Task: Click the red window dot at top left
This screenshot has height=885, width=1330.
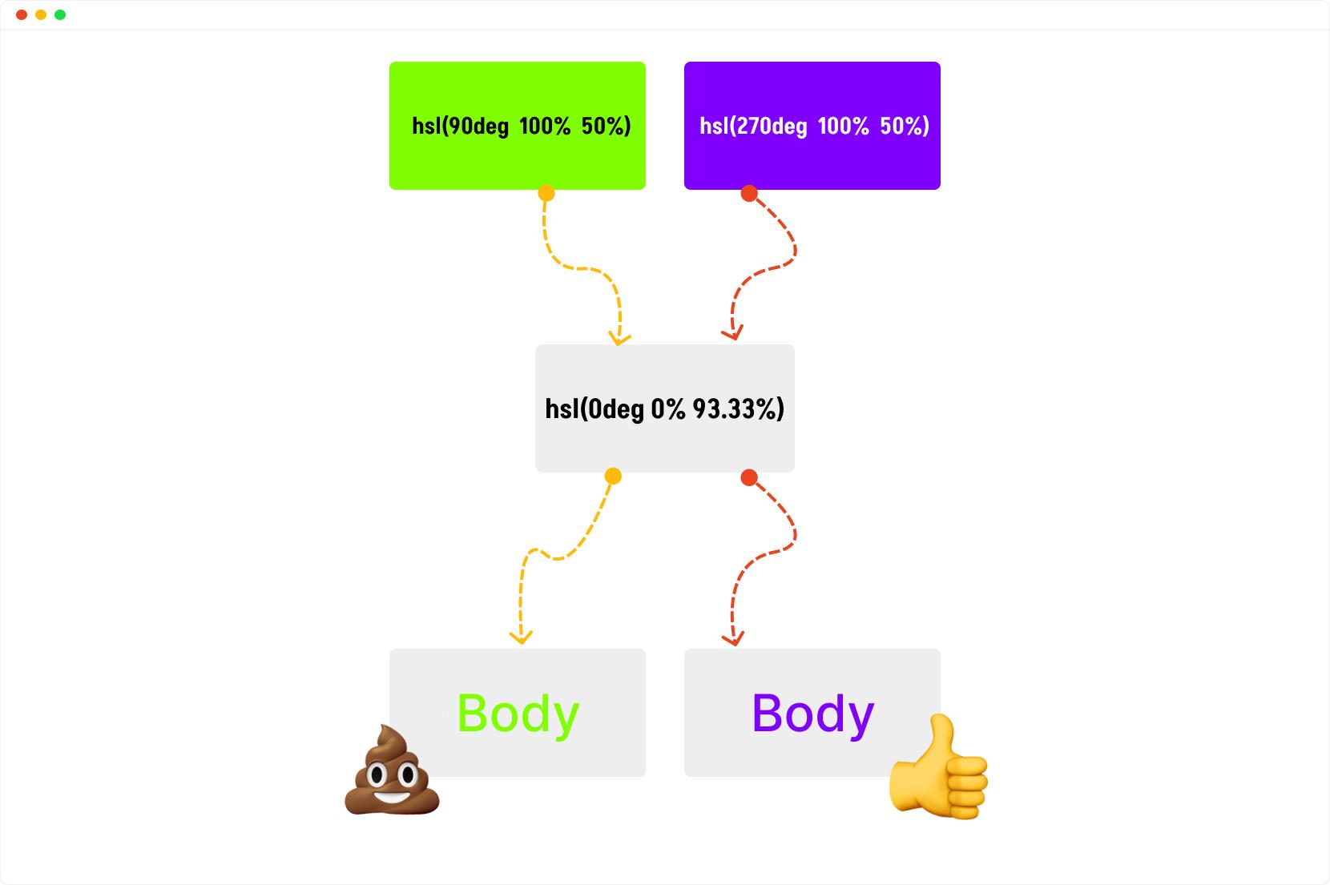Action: coord(22,15)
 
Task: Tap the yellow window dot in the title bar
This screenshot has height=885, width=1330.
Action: coord(41,15)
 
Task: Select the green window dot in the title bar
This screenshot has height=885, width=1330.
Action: coord(60,15)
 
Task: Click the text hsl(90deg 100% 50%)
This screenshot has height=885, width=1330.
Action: coord(522,127)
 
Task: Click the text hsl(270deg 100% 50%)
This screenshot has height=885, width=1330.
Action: coord(814,127)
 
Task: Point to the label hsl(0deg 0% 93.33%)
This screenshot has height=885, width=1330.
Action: coord(664,409)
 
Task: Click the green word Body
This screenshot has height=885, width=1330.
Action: coord(518,715)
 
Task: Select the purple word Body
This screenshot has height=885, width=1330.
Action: coord(813,715)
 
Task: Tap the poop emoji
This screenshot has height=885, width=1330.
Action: coord(392,770)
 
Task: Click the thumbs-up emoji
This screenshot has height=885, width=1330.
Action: coord(938,767)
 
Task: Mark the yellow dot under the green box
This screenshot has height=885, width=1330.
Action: coord(546,193)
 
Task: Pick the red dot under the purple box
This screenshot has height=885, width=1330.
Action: coord(749,194)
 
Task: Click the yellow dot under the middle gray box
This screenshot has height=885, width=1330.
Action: coord(613,476)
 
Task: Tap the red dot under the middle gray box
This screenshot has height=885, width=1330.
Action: coord(749,477)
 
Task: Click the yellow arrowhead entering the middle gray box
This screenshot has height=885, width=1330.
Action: coord(619,339)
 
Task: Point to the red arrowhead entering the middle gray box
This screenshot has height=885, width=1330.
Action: coord(733,334)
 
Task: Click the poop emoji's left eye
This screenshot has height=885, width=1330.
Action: coord(377,774)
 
